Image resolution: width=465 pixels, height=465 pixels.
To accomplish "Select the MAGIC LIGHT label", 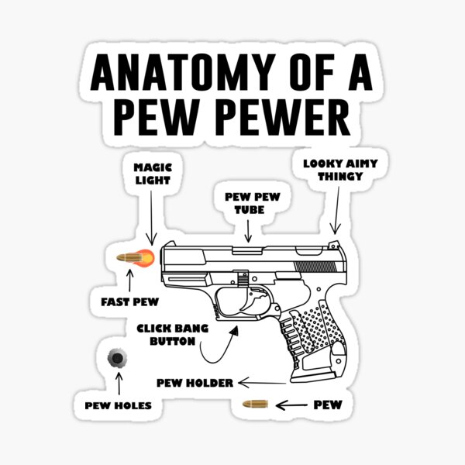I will tap(153, 173).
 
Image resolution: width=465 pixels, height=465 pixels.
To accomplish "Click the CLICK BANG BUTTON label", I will tap(172, 334).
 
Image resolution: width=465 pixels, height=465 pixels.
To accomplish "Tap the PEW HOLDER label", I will tap(195, 382).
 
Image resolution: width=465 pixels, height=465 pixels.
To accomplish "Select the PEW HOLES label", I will tap(118, 405).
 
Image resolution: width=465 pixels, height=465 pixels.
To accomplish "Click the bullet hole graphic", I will tap(118, 358).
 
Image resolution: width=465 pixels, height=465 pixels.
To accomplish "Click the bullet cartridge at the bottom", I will tap(255, 404).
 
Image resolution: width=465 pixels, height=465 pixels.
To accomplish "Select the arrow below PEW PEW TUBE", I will tap(248, 231).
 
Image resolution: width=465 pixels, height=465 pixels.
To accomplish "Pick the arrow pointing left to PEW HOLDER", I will tap(263, 382).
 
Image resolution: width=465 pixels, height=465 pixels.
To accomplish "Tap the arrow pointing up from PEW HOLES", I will tap(118, 384).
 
